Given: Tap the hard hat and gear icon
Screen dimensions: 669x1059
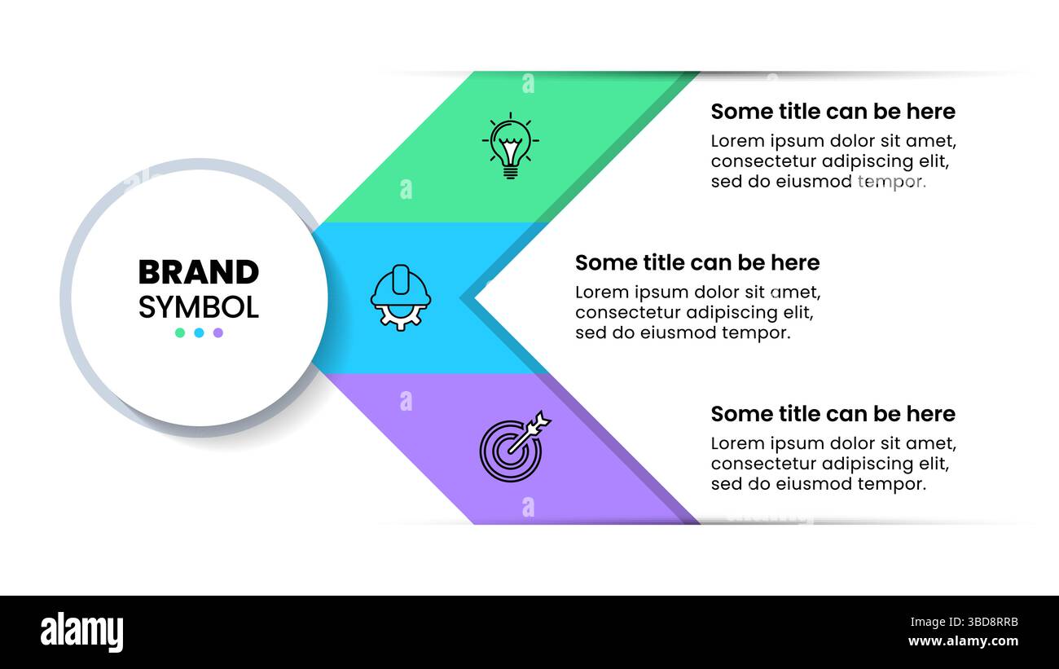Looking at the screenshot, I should click(400, 297).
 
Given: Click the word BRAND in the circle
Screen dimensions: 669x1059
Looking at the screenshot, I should click(198, 272).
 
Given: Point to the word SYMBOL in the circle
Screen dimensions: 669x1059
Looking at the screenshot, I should click(198, 307).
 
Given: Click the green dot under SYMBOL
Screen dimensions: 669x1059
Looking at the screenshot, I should click(180, 332).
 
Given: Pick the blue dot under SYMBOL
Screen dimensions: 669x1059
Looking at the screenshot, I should click(199, 332).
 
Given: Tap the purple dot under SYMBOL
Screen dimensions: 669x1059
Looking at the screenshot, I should click(218, 332).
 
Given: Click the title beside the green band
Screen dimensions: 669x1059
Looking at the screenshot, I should click(833, 112).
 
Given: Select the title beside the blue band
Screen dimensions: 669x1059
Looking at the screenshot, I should click(697, 262).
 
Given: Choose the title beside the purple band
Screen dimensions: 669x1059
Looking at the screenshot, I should click(833, 414).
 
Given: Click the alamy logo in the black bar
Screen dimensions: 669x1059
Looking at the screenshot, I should click(81, 632).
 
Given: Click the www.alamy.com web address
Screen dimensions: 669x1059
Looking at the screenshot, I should click(963, 641).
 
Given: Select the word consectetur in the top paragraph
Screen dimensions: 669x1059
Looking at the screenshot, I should click(762, 161).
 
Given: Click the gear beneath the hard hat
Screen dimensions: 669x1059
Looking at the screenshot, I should click(399, 317).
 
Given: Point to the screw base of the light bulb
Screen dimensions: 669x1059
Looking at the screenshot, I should click(510, 171).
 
